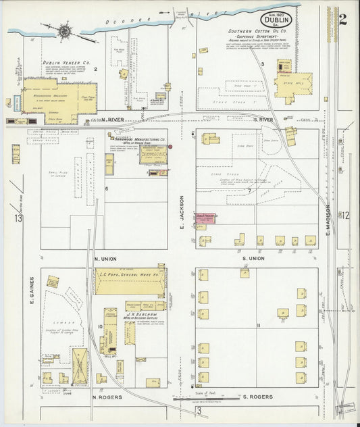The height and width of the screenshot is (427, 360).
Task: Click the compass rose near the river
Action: click(66, 30)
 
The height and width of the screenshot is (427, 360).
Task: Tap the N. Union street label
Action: click(106, 258)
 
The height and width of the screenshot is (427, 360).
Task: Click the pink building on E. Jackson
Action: click(205, 217)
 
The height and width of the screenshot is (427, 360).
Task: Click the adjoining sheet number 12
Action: click(345, 216)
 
